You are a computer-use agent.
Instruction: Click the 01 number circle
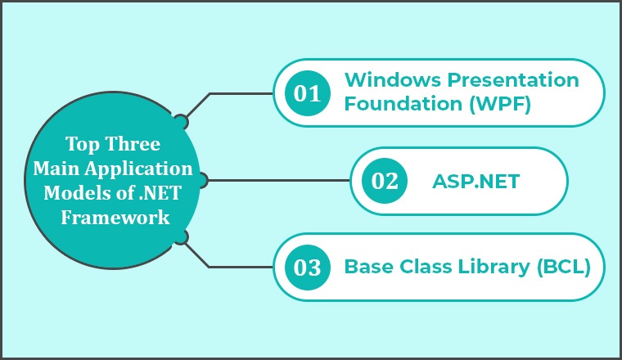coord(308,93)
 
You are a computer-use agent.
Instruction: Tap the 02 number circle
coord(385,181)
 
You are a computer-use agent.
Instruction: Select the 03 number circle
coord(308,268)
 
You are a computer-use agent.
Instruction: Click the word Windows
coord(393,79)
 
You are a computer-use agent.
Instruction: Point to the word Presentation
coord(513,79)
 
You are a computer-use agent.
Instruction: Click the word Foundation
coord(403,103)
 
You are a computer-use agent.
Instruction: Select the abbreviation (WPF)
coord(500,104)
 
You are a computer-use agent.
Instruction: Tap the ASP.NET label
coord(476,182)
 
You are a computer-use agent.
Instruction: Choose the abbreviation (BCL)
coord(564,267)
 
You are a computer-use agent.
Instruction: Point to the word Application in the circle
coord(139,169)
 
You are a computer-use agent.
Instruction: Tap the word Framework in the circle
coord(115,218)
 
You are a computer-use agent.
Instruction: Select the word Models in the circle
coord(74,193)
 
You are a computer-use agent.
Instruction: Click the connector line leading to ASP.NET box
coord(278,180)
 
